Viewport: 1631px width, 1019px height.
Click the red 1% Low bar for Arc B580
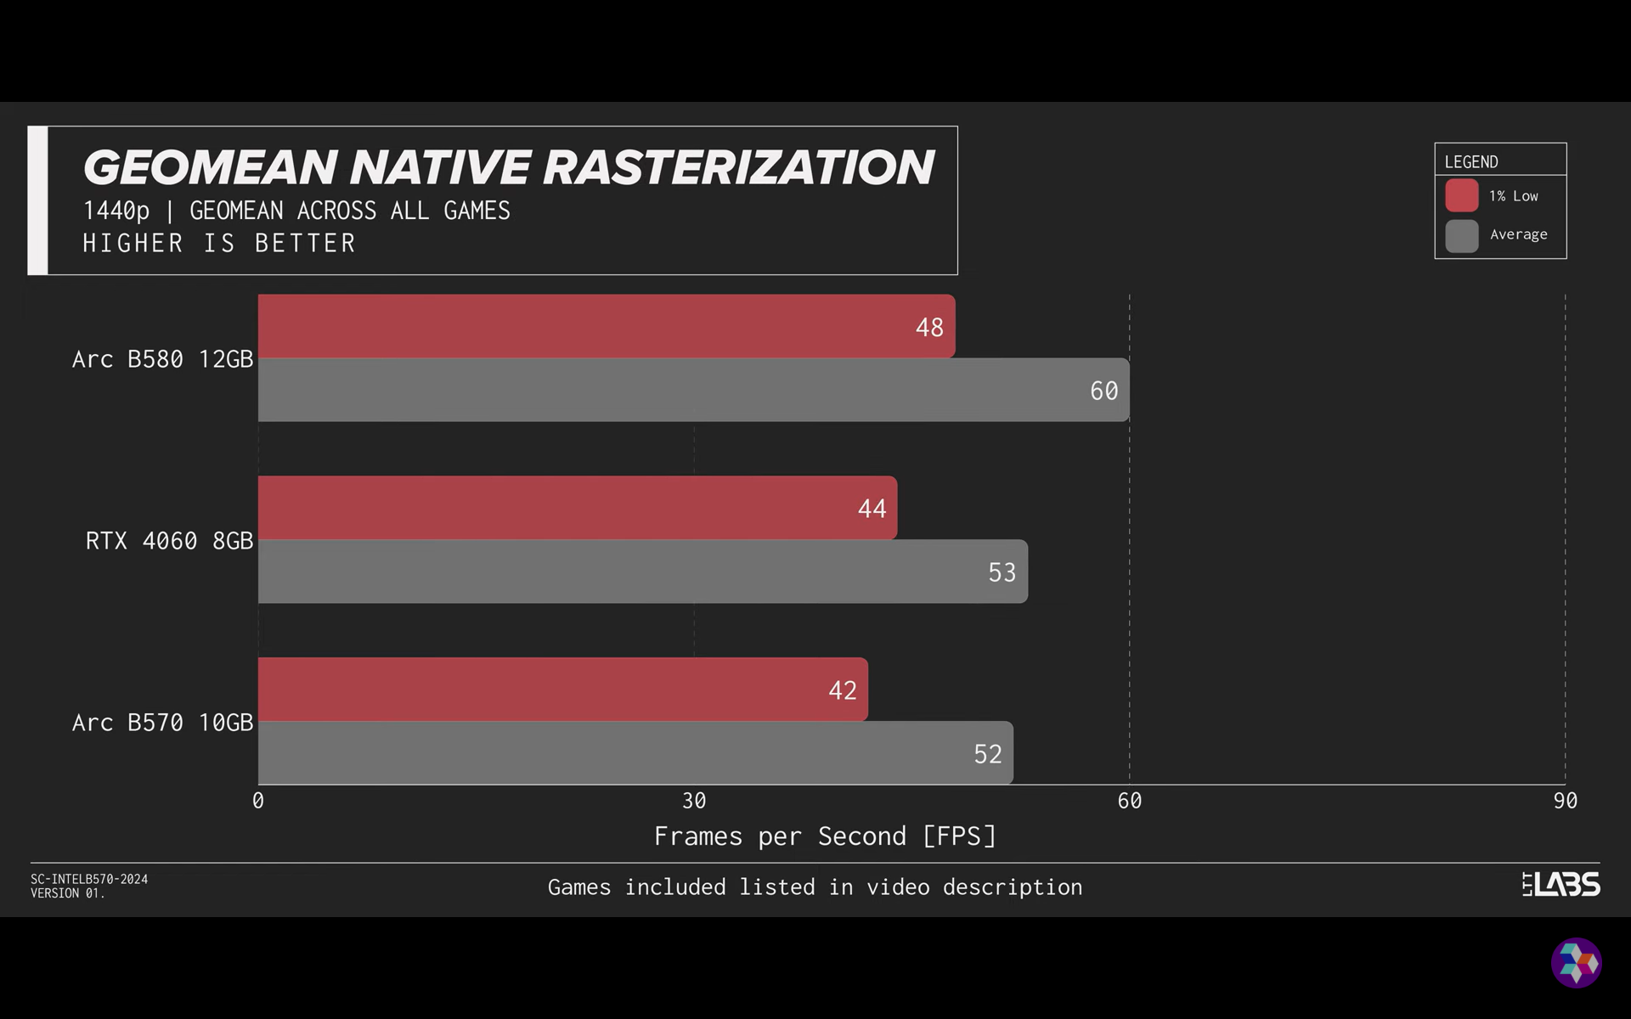(607, 327)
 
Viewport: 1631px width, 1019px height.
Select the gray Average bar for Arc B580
(693, 391)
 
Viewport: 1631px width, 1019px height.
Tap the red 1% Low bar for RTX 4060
(578, 508)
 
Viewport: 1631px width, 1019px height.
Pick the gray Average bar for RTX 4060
(643, 571)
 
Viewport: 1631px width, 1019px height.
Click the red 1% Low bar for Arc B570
(563, 690)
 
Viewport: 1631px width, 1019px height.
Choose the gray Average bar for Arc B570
(635, 753)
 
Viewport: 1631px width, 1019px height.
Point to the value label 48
(929, 328)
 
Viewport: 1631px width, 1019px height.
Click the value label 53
(1002, 572)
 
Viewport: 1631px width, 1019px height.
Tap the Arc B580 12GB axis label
(162, 359)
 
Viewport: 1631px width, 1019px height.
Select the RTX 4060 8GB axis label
(169, 541)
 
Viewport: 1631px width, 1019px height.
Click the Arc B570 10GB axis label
(162, 723)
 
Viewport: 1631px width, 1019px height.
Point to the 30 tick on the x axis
(694, 801)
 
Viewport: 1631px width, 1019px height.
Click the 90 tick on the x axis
(1565, 801)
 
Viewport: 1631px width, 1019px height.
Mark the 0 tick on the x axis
(258, 801)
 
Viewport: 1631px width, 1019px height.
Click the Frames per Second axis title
(824, 836)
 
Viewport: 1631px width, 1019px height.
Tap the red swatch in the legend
(1462, 196)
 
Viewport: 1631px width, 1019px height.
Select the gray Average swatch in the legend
(1462, 235)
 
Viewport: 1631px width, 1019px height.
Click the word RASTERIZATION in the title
(738, 167)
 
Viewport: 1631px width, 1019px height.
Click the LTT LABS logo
(1560, 885)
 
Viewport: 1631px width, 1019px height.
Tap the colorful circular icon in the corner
(1577, 963)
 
